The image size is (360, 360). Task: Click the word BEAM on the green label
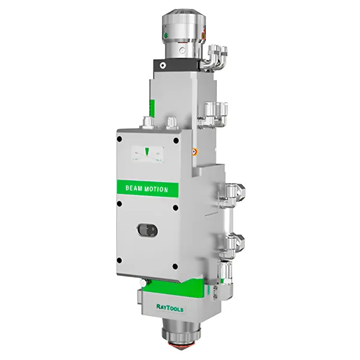[134, 188]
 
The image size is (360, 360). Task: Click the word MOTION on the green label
[157, 189]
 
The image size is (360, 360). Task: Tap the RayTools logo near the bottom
[170, 308]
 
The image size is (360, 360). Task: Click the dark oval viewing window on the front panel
[147, 230]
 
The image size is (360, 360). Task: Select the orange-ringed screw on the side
[195, 152]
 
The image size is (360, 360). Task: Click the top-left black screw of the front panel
[119, 139]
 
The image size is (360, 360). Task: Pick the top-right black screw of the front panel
[176, 140]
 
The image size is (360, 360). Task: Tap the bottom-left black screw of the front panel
[119, 260]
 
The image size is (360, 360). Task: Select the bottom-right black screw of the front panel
[175, 266]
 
